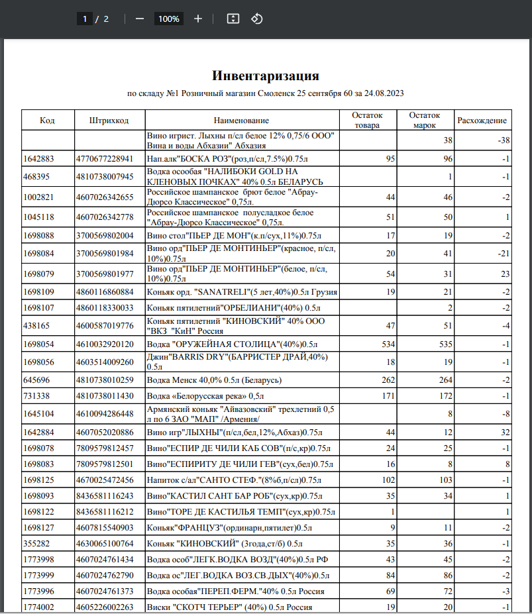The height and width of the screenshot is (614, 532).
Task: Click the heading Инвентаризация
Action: [266, 76]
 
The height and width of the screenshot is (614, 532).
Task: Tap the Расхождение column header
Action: [482, 121]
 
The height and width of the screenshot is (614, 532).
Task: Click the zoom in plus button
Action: [198, 19]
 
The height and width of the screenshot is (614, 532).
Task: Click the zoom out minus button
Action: [140, 19]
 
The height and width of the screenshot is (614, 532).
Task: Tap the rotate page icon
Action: [257, 19]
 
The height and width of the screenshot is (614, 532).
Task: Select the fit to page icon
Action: [233, 19]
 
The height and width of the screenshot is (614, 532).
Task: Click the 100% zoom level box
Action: [168, 19]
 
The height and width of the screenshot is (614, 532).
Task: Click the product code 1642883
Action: [38, 159]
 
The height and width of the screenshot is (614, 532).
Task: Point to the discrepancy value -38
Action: [503, 140]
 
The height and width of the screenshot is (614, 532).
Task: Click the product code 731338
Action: [36, 395]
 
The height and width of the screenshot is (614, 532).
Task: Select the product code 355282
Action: [36, 544]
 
